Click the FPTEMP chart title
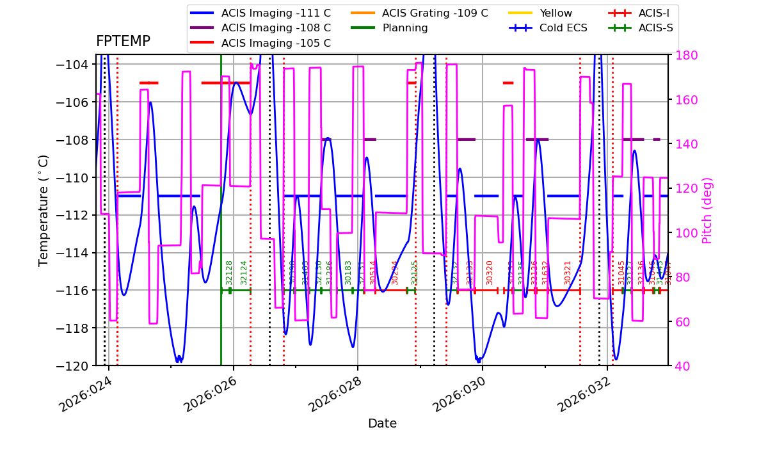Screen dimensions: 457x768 click(123, 42)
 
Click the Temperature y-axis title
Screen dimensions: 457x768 click(44, 210)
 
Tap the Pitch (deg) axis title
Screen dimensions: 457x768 click(707, 210)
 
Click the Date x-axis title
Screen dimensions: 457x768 click(382, 424)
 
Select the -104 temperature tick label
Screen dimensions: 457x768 click(70, 65)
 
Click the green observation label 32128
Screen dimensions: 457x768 click(229, 272)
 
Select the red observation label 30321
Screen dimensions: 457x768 click(568, 272)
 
